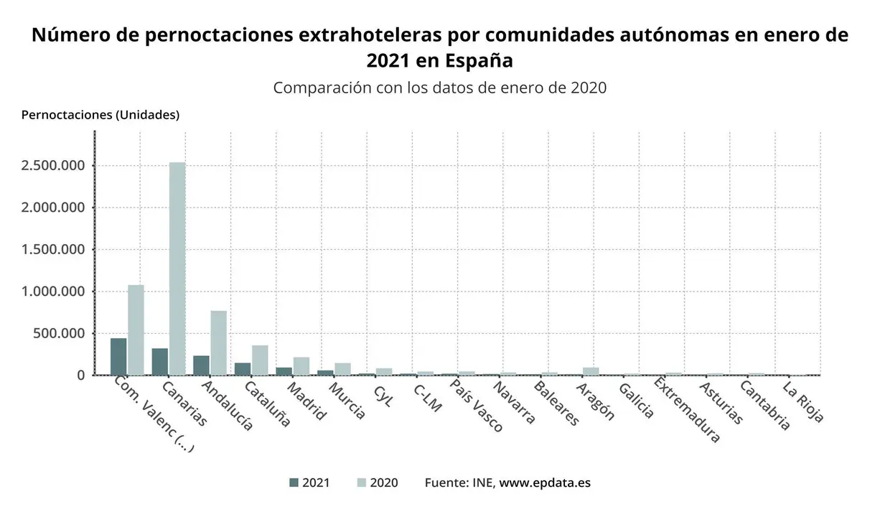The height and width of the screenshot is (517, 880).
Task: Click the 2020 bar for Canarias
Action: point(177,269)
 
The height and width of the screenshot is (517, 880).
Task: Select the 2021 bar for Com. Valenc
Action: point(118,356)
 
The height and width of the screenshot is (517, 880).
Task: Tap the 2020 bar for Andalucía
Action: point(219,343)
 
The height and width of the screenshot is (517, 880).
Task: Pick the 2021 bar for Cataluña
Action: point(243,368)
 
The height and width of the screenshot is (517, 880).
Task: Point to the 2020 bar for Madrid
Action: point(301,365)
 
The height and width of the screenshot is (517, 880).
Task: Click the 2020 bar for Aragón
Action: point(591,371)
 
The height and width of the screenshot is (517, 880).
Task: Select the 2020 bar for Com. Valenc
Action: point(136,330)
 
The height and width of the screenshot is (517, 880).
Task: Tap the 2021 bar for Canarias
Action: point(160,361)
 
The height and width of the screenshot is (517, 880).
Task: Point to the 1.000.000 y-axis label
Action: point(54,292)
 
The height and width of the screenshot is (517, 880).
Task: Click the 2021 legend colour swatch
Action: point(293,483)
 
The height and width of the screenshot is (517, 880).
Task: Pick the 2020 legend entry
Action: point(377,483)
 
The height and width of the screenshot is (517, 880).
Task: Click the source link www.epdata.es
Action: point(545,483)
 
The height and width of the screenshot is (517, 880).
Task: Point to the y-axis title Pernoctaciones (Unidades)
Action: point(100,115)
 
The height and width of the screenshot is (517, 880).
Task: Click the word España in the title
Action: point(479,60)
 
